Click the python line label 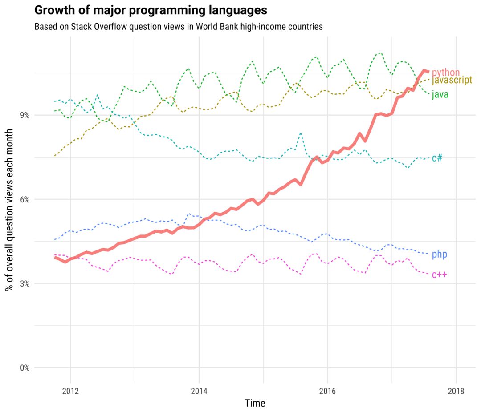[x=445, y=72]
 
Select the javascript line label [x=452, y=81]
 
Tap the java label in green [x=440, y=94]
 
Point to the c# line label [x=437, y=158]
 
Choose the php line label [x=439, y=254]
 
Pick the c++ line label [x=439, y=275]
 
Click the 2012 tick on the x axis [x=70, y=391]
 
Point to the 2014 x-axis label [x=199, y=391]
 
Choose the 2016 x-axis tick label [x=327, y=391]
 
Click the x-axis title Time [x=255, y=404]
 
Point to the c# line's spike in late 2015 [x=301, y=133]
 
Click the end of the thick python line [x=428, y=72]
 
